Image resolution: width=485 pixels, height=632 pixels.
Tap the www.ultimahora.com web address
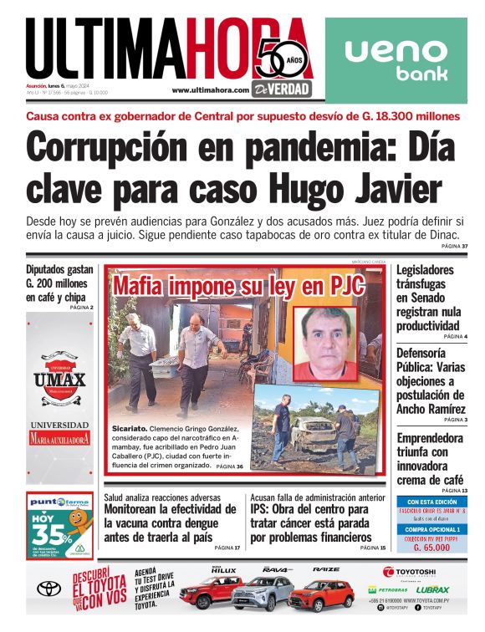pyautogui.click(x=211, y=90)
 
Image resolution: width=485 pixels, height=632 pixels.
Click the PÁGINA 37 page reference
pyautogui.click(x=454, y=246)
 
